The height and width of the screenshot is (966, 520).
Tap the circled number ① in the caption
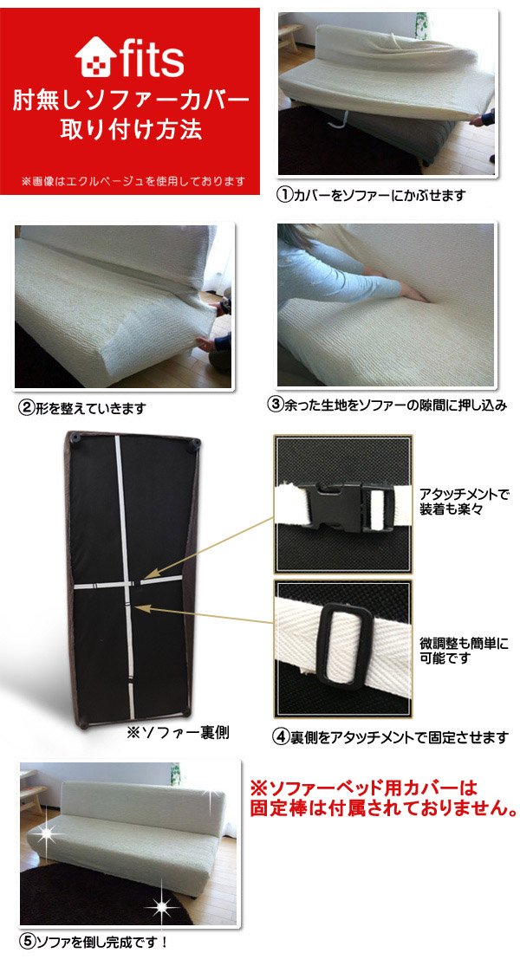coord(283,195)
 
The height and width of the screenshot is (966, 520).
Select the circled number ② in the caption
coord(26,408)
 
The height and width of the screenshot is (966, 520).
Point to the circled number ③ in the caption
coord(275,405)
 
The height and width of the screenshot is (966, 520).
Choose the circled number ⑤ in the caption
coord(27,942)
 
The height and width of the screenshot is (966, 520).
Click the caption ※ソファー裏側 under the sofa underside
coord(178,732)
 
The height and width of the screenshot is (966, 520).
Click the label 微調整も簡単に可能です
coord(464,651)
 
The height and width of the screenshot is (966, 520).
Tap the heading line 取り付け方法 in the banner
coord(130,129)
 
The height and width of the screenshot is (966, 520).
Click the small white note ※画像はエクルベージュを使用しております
coord(133,181)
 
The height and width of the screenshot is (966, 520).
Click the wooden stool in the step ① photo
coord(290,38)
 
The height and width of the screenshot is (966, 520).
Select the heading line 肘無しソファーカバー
coord(131,100)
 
